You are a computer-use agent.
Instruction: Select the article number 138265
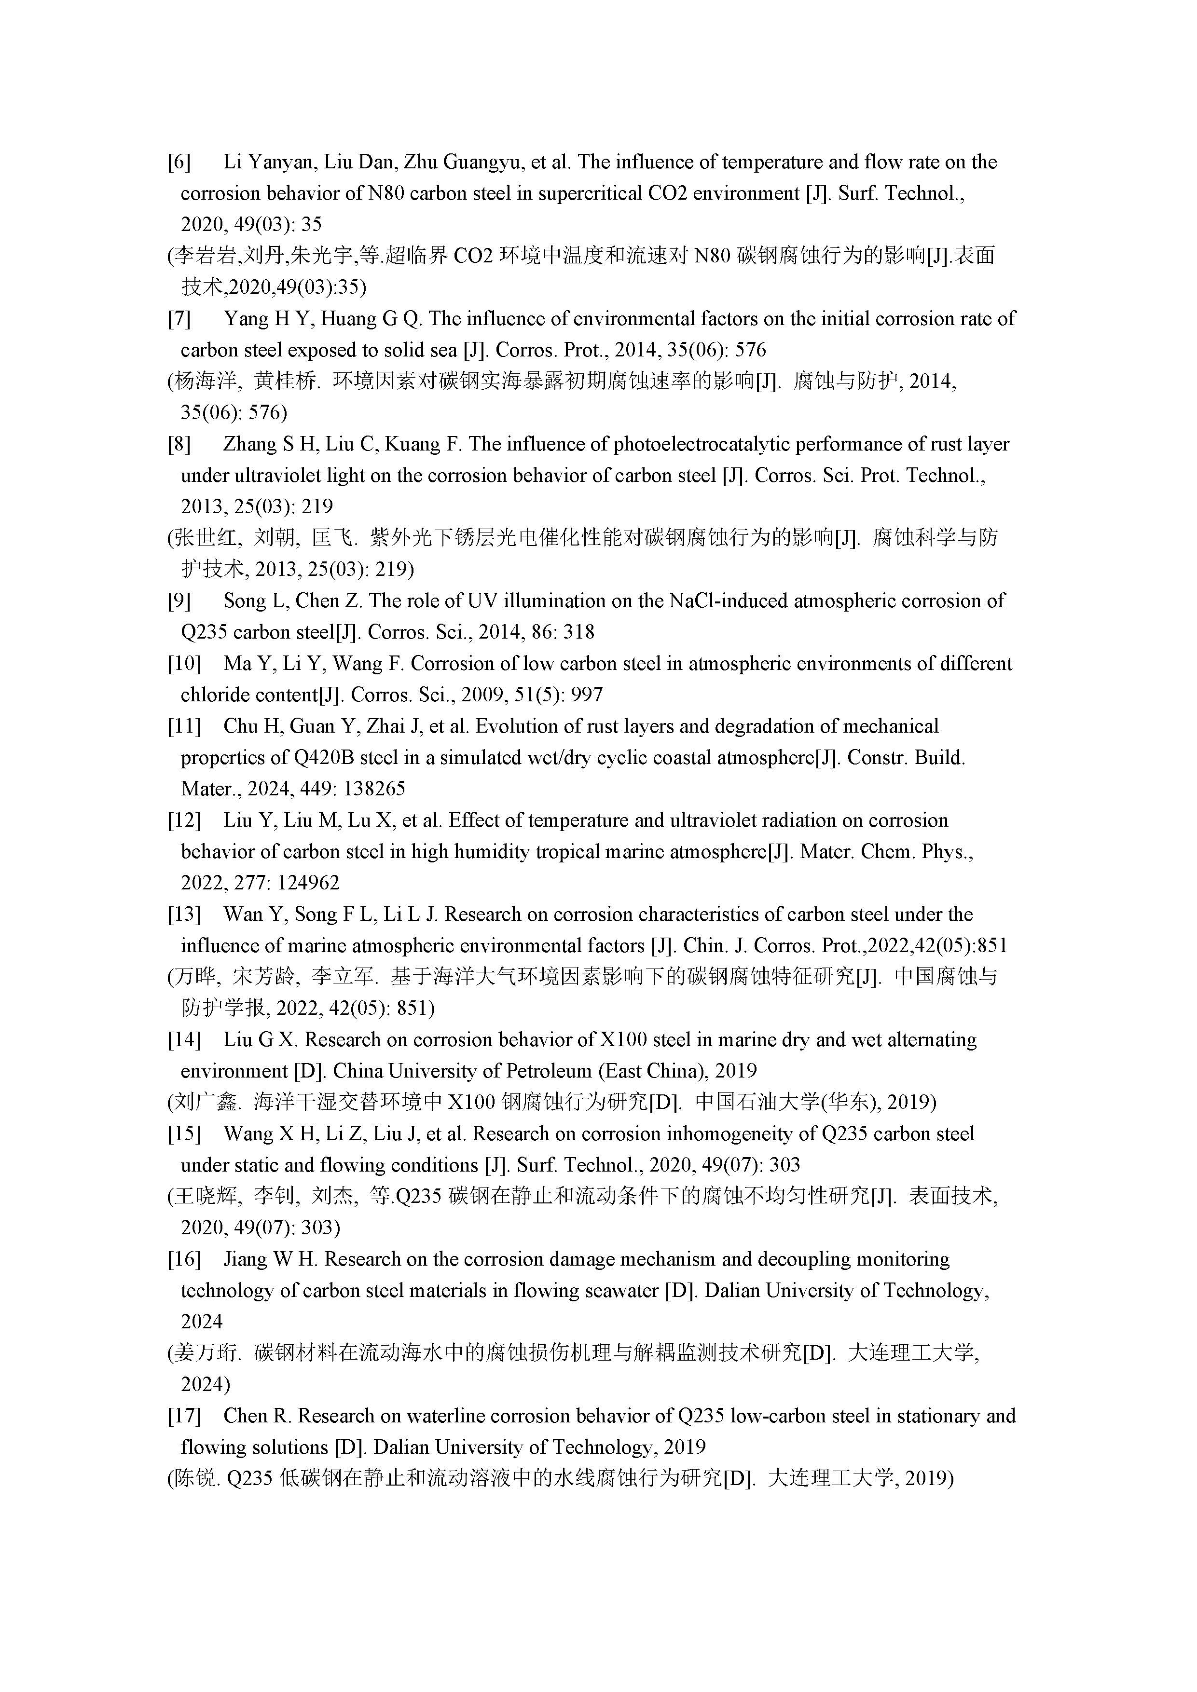click(366, 789)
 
